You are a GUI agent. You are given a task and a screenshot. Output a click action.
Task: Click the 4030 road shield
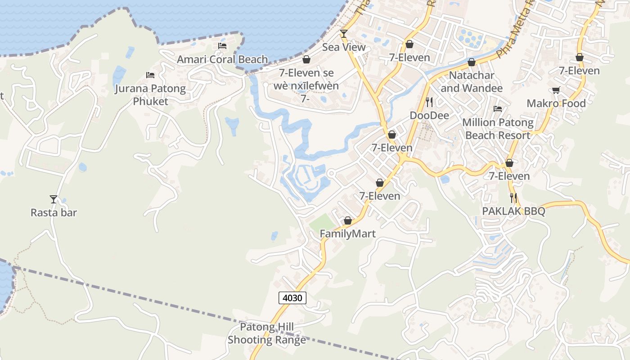(x=292, y=297)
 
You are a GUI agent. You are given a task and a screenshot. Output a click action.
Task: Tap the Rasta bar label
(x=54, y=212)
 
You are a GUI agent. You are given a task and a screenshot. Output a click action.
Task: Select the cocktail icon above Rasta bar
(x=54, y=199)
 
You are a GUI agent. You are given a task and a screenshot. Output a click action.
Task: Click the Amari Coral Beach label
(x=222, y=59)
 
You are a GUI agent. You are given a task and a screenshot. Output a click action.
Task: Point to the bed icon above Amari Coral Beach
(x=222, y=46)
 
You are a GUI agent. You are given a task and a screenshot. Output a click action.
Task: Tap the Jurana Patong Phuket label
(x=150, y=94)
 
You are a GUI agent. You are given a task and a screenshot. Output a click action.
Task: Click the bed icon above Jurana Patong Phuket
(x=150, y=75)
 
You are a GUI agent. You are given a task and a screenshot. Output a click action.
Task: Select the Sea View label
(x=344, y=47)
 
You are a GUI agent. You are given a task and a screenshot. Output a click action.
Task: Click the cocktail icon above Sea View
(x=344, y=34)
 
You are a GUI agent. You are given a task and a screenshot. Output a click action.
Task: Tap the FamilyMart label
(x=347, y=234)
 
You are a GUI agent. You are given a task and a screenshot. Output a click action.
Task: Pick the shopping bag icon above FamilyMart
(x=347, y=220)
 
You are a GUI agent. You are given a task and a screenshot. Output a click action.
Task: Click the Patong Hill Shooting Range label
(x=267, y=333)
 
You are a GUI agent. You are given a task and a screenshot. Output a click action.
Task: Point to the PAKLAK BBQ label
(x=513, y=211)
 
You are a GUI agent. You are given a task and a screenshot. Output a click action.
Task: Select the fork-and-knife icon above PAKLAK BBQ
(x=513, y=198)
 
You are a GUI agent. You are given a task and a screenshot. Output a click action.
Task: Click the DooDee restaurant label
(x=429, y=116)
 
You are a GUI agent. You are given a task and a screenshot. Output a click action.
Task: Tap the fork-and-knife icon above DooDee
(x=429, y=102)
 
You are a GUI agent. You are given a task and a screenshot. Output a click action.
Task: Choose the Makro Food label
(x=556, y=103)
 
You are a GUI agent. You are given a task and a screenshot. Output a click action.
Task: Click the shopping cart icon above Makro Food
(x=556, y=90)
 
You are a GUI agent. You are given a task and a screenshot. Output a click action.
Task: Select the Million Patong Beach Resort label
(x=498, y=129)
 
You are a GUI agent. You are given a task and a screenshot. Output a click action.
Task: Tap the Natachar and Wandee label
(x=472, y=81)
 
